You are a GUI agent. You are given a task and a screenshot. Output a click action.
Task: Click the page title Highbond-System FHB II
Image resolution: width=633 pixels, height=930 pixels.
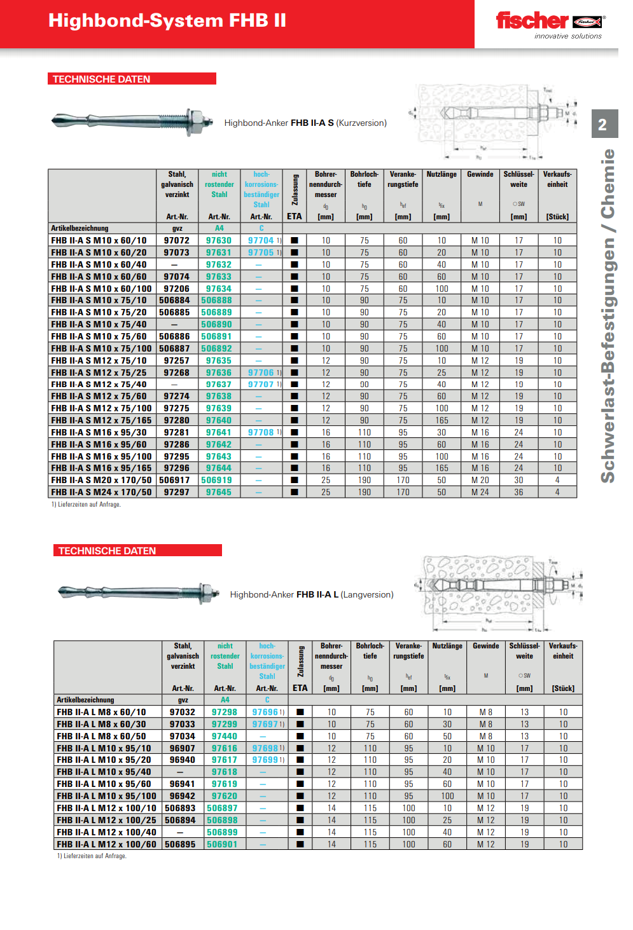click(167, 21)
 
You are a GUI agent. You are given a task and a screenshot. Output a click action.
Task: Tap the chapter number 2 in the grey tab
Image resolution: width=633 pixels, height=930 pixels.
click(602, 125)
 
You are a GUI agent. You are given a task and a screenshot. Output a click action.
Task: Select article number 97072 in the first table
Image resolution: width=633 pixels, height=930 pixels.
click(177, 241)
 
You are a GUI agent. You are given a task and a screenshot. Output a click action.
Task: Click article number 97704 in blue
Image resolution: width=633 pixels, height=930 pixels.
click(261, 241)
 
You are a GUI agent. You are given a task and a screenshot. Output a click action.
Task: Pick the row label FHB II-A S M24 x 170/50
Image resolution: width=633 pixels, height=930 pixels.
click(102, 492)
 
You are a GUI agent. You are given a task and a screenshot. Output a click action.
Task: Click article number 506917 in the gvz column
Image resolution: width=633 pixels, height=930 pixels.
click(175, 480)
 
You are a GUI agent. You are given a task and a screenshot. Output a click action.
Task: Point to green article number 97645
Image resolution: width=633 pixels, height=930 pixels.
click(219, 492)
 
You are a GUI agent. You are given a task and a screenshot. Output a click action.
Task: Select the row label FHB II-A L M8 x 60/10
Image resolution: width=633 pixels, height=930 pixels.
click(101, 713)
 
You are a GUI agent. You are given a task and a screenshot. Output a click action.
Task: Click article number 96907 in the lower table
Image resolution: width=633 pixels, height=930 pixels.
click(183, 748)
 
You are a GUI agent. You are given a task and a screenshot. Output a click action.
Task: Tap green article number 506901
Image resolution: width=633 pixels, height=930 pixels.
click(222, 844)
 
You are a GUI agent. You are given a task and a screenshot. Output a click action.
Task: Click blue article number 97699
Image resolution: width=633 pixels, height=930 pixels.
click(265, 760)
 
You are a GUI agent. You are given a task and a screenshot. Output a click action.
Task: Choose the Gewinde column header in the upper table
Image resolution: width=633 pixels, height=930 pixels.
click(480, 174)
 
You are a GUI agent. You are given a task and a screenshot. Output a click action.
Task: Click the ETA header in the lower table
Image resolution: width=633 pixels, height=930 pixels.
click(300, 688)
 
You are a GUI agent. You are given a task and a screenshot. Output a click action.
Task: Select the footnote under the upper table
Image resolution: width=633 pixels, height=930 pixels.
click(87, 505)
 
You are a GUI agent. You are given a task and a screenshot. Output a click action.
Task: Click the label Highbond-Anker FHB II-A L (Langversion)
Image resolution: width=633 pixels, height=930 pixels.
click(312, 594)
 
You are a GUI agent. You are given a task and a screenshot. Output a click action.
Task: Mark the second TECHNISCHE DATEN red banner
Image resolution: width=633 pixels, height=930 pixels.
click(137, 550)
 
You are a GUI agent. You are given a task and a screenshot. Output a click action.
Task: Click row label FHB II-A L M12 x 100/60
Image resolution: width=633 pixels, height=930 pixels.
click(107, 844)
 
